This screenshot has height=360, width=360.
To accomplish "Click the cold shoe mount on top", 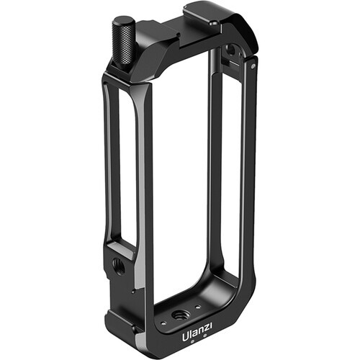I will tap(216, 22).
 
